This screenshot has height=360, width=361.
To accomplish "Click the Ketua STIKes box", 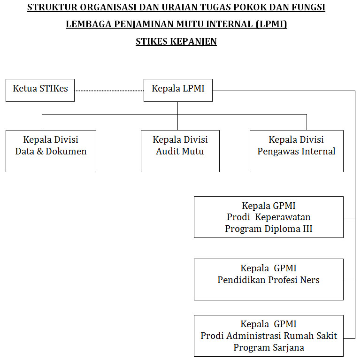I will [40, 90].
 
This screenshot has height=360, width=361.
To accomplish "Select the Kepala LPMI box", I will [178, 90].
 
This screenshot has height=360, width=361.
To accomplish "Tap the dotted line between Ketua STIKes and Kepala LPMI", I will [109, 90].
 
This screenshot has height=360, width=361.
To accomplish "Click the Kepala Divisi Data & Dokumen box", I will [51, 151].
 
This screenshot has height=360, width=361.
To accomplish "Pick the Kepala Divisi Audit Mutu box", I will [180, 151].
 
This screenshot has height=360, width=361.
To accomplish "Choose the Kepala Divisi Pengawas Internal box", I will [296, 151].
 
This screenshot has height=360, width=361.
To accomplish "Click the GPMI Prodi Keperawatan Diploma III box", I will [269, 217].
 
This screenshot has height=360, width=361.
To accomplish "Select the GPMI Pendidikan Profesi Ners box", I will [269, 279].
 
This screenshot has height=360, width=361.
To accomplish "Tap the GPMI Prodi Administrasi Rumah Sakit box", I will [269, 336].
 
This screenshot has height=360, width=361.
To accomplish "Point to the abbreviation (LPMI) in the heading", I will [272, 24].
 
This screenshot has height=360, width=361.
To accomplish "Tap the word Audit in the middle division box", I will [168, 152].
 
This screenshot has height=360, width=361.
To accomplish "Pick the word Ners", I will [310, 280].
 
